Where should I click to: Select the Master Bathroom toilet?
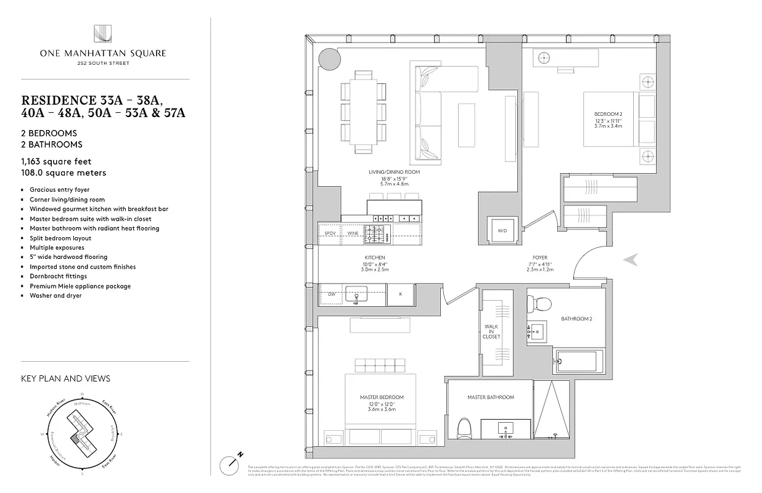click(x=465, y=428)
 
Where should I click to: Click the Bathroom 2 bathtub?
click(x=578, y=361)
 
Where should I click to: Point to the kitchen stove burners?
click(x=375, y=234)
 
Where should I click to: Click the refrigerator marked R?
click(x=400, y=295)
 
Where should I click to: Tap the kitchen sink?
click(x=356, y=293)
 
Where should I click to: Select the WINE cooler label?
click(x=353, y=234)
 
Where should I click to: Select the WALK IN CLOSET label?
click(x=491, y=332)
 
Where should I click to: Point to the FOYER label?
click(x=540, y=258)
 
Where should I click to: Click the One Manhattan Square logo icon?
click(x=102, y=35)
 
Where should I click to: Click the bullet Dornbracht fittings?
click(x=58, y=276)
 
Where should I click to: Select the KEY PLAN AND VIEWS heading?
click(x=65, y=378)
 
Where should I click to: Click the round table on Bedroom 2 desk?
click(x=544, y=58)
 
